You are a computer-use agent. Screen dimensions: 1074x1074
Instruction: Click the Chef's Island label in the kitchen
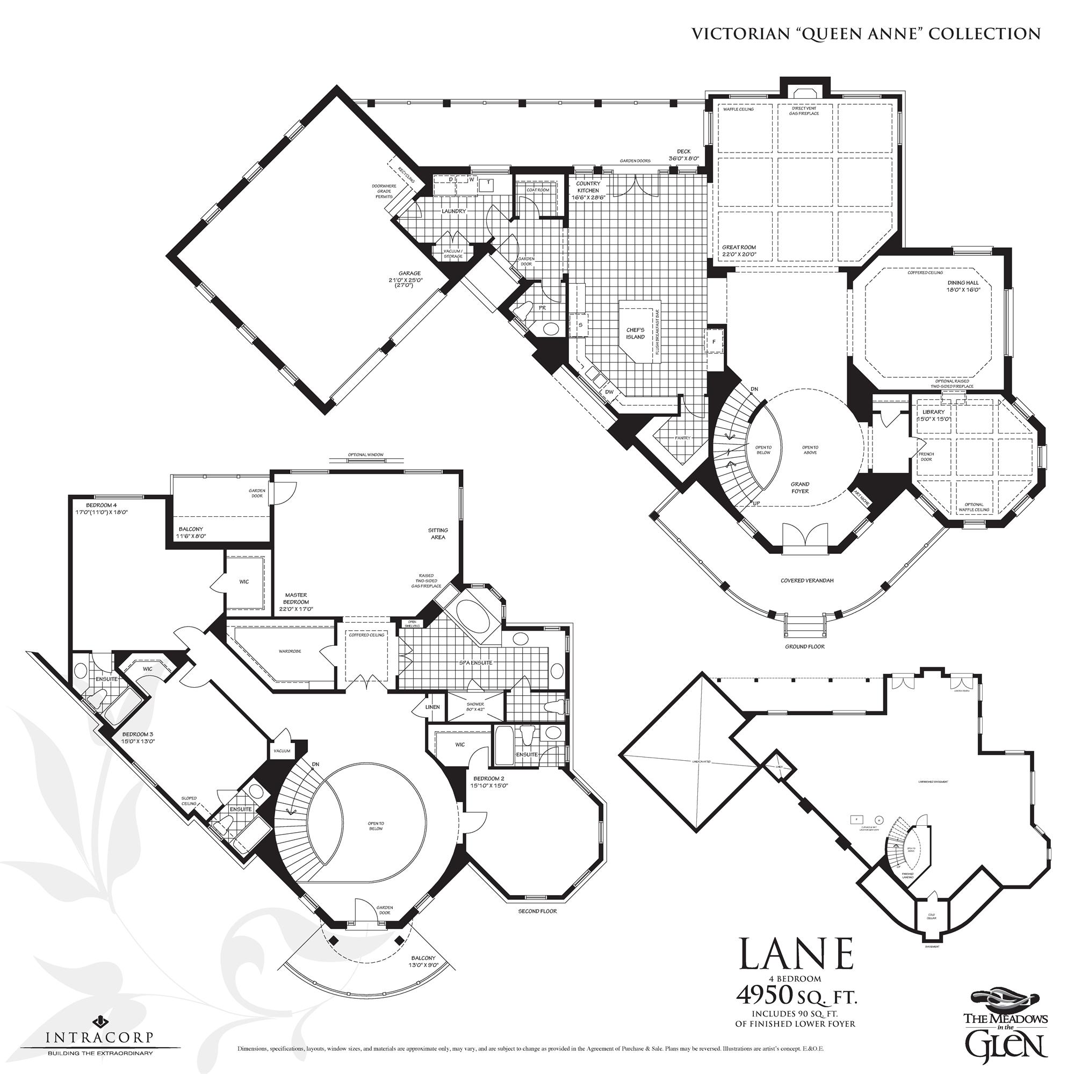coord(636,333)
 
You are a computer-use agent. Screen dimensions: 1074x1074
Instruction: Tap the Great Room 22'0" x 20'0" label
coord(739,251)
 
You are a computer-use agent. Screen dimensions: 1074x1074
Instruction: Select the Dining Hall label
coord(963,286)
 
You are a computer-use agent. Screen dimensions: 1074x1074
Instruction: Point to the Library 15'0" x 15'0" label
coord(933,415)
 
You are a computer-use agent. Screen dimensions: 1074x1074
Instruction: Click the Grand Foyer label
coord(800,487)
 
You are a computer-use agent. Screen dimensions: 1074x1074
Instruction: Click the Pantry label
coord(682,438)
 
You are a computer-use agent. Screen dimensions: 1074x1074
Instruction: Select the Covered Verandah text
coord(806,580)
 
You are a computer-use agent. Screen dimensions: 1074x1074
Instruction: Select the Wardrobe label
coord(290,651)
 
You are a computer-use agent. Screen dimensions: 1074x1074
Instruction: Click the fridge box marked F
coord(714,341)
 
